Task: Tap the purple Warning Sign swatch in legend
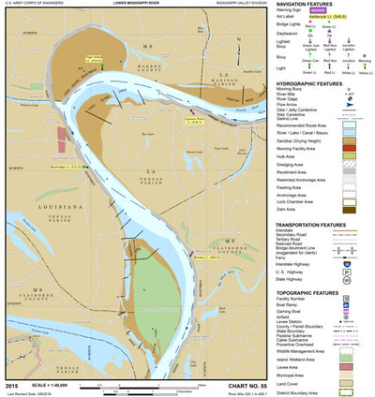[342, 13]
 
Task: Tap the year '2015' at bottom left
[11, 385]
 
